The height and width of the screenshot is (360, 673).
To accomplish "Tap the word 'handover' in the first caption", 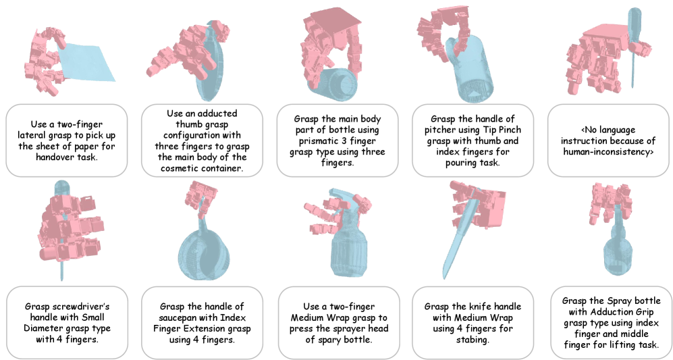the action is click(x=53, y=157).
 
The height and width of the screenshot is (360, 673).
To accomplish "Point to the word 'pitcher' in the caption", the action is click(x=441, y=130).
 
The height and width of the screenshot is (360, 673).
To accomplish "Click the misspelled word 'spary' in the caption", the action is click(x=341, y=340).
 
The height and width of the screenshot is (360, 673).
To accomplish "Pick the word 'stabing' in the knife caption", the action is click(x=472, y=340).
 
